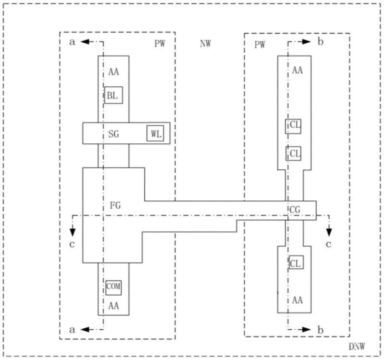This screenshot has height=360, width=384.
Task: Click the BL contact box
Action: pyautogui.click(x=114, y=95)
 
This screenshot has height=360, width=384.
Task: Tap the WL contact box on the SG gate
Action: pyautogui.click(x=155, y=133)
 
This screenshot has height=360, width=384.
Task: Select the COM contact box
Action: pyautogui.click(x=114, y=288)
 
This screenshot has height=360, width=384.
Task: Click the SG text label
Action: pyautogui.click(x=114, y=134)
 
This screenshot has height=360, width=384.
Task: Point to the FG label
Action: pyautogui.click(x=115, y=205)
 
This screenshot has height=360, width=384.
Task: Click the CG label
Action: pyautogui.click(x=295, y=210)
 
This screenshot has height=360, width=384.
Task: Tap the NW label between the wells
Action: pyautogui.click(x=205, y=44)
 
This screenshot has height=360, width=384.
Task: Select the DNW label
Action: pyautogui.click(x=357, y=347)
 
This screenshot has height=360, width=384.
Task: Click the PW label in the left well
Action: pyautogui.click(x=160, y=44)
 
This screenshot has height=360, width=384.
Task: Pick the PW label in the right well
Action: pyautogui.click(x=260, y=45)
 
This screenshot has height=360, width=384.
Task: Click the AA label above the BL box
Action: pyautogui.click(x=114, y=72)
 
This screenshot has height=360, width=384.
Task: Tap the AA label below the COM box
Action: pyautogui.click(x=114, y=306)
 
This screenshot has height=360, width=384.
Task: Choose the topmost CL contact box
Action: pyautogui.click(x=293, y=126)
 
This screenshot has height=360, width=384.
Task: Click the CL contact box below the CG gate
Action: pyautogui.click(x=296, y=262)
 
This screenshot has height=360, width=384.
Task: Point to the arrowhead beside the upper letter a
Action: pyautogui.click(x=85, y=42)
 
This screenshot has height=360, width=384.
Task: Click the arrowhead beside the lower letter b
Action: pyautogui.click(x=306, y=330)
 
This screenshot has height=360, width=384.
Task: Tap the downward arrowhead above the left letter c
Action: pyautogui.click(x=72, y=232)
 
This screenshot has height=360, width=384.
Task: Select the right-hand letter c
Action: pyautogui.click(x=329, y=244)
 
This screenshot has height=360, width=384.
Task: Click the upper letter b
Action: pyautogui.click(x=321, y=42)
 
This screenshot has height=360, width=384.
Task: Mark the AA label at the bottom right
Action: pyautogui.click(x=297, y=300)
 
